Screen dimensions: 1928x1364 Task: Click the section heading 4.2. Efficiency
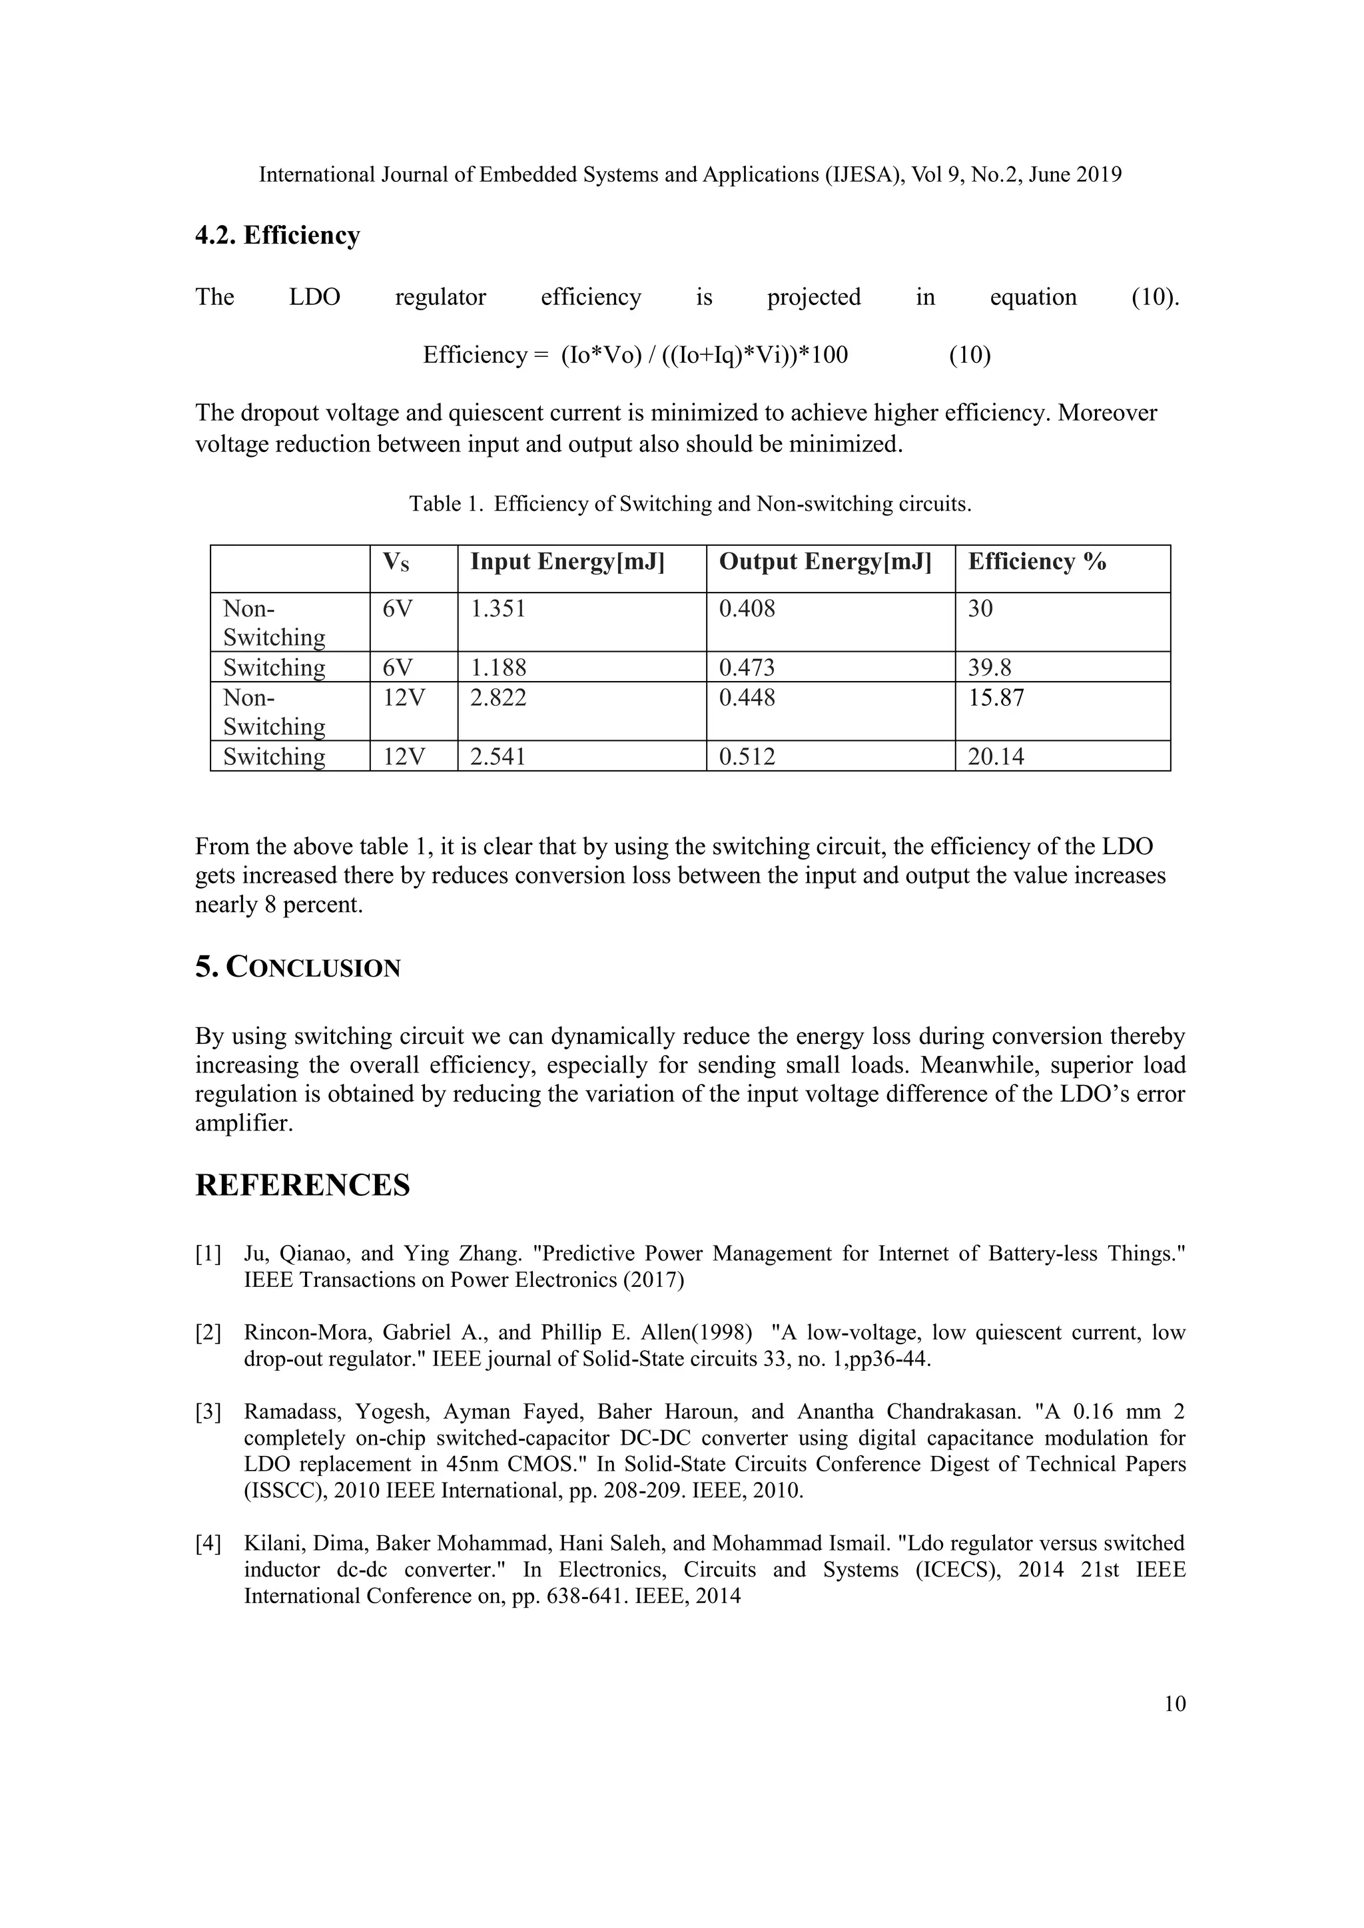[x=277, y=236]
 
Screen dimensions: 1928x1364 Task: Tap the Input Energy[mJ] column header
[x=567, y=562]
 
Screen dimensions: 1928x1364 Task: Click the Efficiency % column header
[x=1036, y=562]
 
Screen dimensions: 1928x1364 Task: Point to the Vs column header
[x=396, y=563]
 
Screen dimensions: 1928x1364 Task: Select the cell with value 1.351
[x=498, y=608]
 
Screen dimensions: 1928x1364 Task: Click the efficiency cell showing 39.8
[x=990, y=668]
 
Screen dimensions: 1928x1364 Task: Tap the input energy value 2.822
[x=498, y=698]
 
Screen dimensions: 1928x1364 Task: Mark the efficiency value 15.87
[x=996, y=698]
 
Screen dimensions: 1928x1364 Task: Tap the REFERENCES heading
[x=302, y=1186]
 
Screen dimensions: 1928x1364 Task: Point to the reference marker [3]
[x=208, y=1413]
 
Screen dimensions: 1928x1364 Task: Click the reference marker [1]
[x=208, y=1254]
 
